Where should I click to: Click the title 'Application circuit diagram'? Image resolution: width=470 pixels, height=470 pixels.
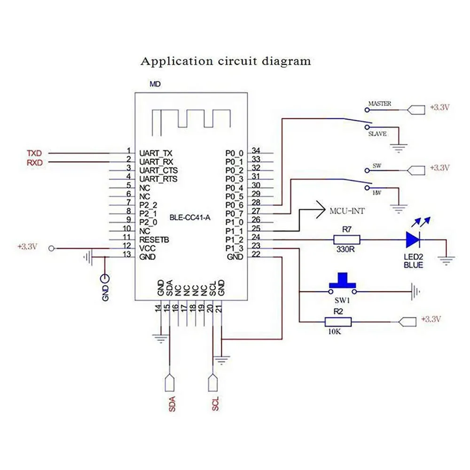point(226,61)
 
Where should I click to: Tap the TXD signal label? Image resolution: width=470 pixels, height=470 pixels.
point(34,153)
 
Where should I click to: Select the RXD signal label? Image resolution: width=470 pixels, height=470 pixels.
point(34,162)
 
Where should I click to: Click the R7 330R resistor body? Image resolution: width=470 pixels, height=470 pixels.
point(347,240)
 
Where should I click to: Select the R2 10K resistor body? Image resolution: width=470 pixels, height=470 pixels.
point(338,322)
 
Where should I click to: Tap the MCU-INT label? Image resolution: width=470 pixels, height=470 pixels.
point(347,211)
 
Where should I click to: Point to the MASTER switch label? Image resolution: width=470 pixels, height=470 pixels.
point(379,103)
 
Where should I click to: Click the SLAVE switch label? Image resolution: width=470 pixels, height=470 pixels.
point(377,134)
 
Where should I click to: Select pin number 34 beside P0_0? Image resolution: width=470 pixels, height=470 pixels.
point(256,150)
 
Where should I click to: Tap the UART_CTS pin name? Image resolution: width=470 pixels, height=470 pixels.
point(158,170)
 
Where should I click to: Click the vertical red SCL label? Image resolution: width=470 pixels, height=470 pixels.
point(215,404)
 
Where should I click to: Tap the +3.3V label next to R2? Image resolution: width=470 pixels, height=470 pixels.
point(431,319)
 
